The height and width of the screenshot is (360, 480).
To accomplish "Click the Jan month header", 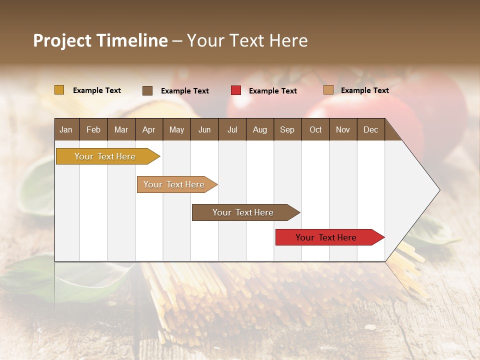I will click(x=66, y=129).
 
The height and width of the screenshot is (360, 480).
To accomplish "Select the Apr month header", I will click(x=148, y=129).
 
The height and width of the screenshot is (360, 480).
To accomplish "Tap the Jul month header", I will click(x=232, y=129).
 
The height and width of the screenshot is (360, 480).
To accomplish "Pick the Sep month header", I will click(x=287, y=129).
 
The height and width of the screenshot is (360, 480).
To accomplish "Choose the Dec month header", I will click(x=370, y=129).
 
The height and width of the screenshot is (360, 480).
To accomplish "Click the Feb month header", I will click(x=93, y=129).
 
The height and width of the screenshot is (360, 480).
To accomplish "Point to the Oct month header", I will click(x=315, y=129).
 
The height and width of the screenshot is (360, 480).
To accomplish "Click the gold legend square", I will click(x=59, y=90).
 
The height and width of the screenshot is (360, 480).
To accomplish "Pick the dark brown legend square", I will click(x=147, y=90).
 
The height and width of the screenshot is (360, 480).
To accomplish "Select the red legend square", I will click(x=236, y=90).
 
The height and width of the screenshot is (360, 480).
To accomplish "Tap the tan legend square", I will click(x=328, y=90).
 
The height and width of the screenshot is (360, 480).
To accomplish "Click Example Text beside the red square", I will click(x=272, y=91).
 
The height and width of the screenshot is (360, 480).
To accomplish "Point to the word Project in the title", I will click(x=62, y=40).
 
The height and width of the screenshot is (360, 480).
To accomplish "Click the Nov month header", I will click(x=343, y=129).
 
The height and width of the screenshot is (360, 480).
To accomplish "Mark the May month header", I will click(x=176, y=129).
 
